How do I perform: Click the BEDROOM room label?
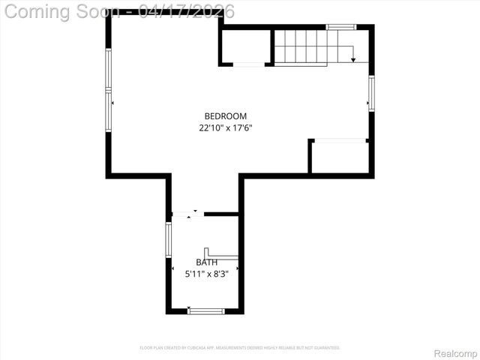click(x=226, y=116)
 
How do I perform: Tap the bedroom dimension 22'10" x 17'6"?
click(x=226, y=128)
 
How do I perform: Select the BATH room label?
click(x=207, y=262)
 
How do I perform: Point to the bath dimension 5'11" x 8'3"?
click(x=207, y=274)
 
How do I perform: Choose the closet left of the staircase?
click(x=245, y=46)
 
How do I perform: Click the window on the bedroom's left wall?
click(x=109, y=90)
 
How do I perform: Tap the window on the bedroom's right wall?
click(x=370, y=93)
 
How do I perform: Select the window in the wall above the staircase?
click(x=340, y=27)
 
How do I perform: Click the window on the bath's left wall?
click(x=169, y=240)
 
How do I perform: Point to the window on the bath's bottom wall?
click(x=205, y=310)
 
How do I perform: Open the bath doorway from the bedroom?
click(x=187, y=214)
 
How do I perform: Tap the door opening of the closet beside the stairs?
click(x=250, y=65)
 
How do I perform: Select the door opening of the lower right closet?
click(x=340, y=140)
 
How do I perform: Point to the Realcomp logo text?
click(x=455, y=352)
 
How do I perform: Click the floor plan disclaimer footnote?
click(x=240, y=348)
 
